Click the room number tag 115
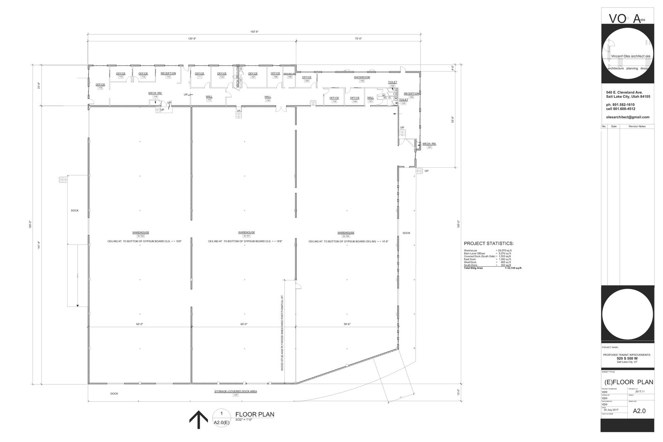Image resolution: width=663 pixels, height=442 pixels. [x=100, y=88]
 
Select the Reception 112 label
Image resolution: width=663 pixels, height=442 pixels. [x=168, y=75]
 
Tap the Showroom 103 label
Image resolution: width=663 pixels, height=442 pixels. [x=362, y=79]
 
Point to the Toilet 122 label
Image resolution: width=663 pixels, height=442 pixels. [x=392, y=84]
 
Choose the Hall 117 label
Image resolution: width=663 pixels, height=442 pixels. [x=209, y=98]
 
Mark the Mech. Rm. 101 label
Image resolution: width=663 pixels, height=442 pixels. [x=429, y=145]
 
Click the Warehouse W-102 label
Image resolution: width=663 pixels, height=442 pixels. [x=140, y=234]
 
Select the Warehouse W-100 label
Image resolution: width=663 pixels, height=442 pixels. [x=346, y=234]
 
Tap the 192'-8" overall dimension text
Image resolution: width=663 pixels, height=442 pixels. [x=254, y=31]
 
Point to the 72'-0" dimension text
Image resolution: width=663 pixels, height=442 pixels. [x=358, y=39]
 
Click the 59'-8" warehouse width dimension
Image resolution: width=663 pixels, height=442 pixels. [x=347, y=324]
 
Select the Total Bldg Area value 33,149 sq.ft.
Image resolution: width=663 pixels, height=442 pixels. [x=514, y=268]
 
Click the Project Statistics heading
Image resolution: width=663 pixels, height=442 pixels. [x=489, y=244]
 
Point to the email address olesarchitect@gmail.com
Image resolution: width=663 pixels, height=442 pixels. [x=628, y=117]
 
